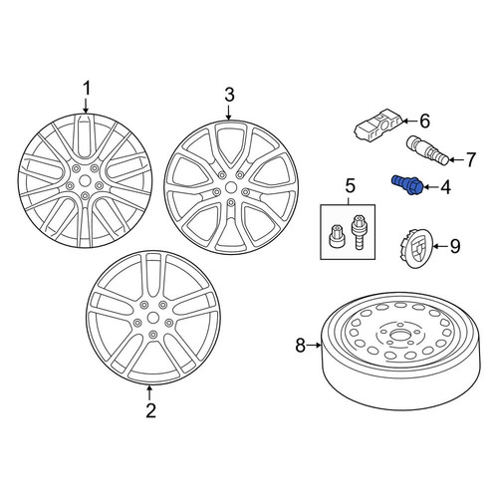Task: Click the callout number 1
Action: pyautogui.click(x=87, y=89)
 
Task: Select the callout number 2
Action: pyautogui.click(x=150, y=411)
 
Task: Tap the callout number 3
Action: pyautogui.click(x=229, y=95)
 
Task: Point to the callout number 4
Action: pyautogui.click(x=445, y=187)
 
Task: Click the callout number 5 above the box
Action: pyautogui.click(x=350, y=186)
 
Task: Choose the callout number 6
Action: pyautogui.click(x=424, y=122)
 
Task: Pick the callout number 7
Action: pyautogui.click(x=471, y=159)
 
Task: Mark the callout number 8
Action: pyautogui.click(x=301, y=346)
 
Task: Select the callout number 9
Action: pyautogui.click(x=455, y=246)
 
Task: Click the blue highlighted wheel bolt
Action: pyautogui.click(x=407, y=184)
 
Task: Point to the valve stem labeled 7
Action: pyautogui.click(x=428, y=149)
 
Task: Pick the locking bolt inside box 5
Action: pyautogui.click(x=358, y=232)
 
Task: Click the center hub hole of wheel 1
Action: pyautogui.click(x=85, y=181)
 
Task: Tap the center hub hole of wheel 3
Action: pyautogui.click(x=230, y=187)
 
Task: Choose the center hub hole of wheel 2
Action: pyautogui.click(x=152, y=317)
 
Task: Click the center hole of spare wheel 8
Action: pyautogui.click(x=397, y=335)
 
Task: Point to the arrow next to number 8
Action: pyautogui.click(x=314, y=346)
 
